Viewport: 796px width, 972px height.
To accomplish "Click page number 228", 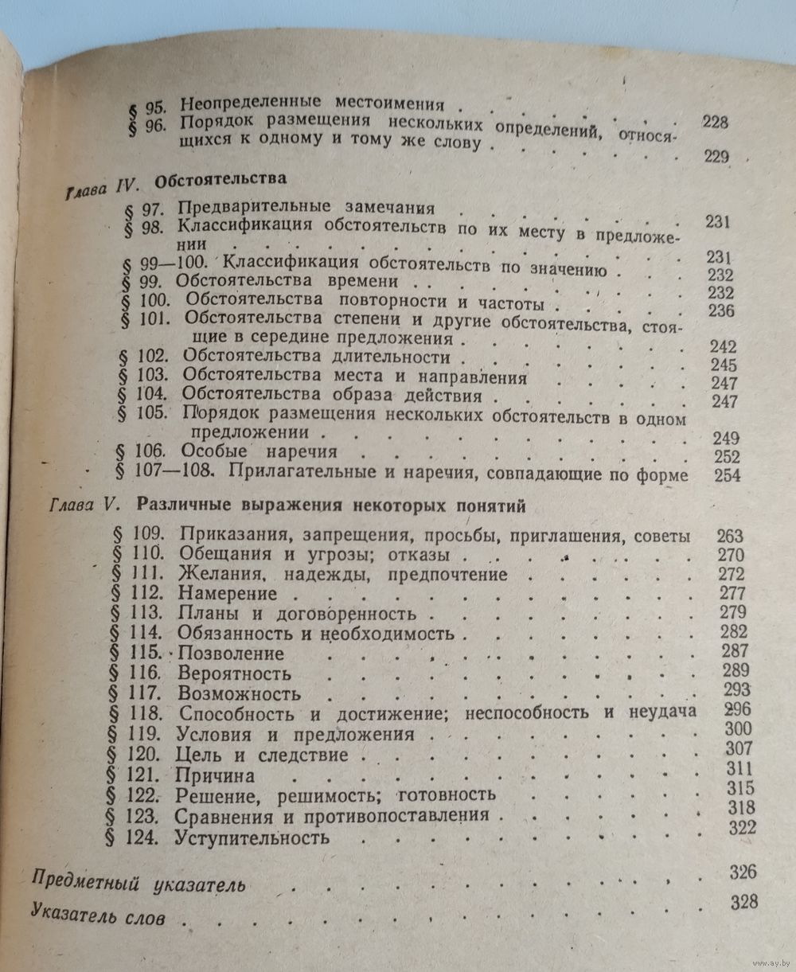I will click(x=716, y=123).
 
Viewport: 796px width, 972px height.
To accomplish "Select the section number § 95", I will click(x=146, y=103).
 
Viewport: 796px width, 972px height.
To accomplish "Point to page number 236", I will click(x=720, y=310).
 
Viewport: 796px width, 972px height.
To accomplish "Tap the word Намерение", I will click(x=228, y=593).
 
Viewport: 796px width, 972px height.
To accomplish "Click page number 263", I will click(x=728, y=535).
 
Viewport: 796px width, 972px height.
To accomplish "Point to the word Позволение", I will click(x=232, y=654).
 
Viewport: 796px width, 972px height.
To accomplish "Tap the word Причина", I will click(x=217, y=775).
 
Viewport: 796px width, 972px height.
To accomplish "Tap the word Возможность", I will click(x=240, y=693).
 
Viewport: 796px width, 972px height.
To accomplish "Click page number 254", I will click(x=727, y=475).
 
